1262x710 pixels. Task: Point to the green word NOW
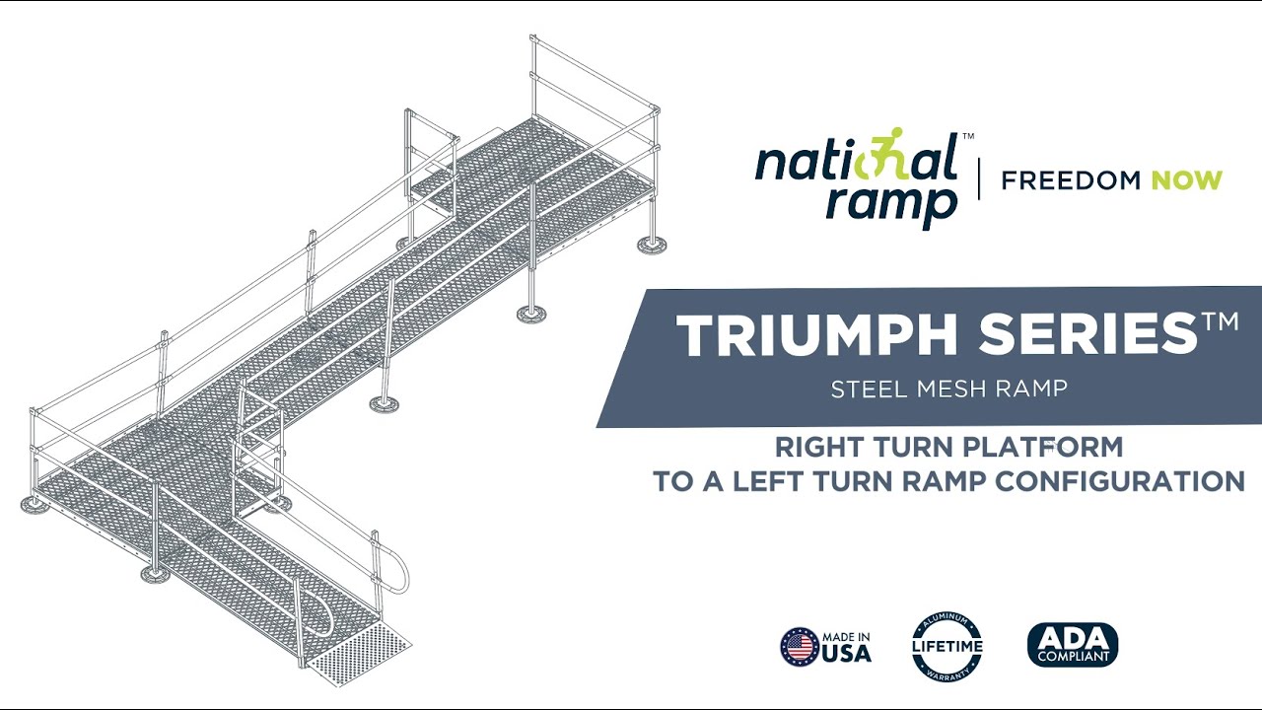pyautogui.click(x=1186, y=180)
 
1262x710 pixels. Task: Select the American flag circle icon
pyautogui.click(x=800, y=647)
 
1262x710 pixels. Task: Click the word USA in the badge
pyautogui.click(x=848, y=653)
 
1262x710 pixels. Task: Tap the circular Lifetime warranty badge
pyautogui.click(x=946, y=647)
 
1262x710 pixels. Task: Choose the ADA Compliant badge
pyautogui.click(x=1073, y=645)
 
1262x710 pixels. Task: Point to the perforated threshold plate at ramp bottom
pyautogui.click(x=357, y=656)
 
